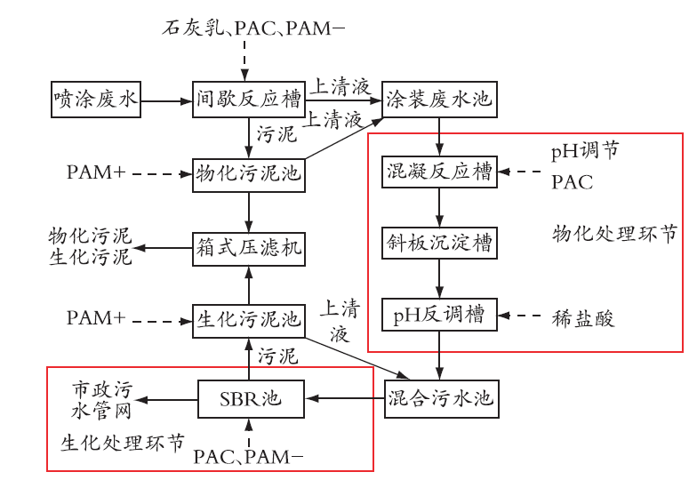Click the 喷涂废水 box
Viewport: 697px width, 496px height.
point(96,100)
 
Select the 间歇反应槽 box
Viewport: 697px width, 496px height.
point(249,100)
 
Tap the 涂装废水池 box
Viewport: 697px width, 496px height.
point(439,100)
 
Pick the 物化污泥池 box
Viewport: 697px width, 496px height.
point(249,175)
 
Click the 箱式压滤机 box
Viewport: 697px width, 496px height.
point(249,249)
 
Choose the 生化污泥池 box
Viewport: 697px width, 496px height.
point(249,321)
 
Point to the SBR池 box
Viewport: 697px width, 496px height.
point(251,399)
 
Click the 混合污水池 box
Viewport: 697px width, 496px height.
point(441,399)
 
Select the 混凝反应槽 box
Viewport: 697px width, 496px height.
point(439,172)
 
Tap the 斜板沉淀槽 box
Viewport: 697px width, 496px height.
point(439,244)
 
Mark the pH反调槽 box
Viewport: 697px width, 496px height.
point(439,315)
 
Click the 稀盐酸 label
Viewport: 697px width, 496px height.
point(583,318)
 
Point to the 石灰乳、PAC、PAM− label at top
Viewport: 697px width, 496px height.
point(252,28)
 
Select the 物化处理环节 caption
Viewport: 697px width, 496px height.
point(615,233)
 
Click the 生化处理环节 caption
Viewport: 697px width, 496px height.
point(123,443)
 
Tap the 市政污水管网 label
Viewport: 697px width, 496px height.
point(101,400)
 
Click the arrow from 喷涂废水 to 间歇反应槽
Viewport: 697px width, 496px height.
point(167,101)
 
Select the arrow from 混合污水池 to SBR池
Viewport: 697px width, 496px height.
point(345,398)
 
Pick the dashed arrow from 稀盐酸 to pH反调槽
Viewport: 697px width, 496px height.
point(519,316)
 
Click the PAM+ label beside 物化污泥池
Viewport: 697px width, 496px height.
point(96,172)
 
